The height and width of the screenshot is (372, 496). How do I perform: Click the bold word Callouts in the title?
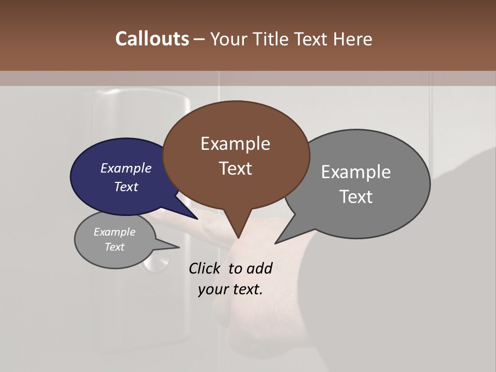(x=152, y=39)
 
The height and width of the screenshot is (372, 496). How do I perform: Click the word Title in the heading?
(x=274, y=39)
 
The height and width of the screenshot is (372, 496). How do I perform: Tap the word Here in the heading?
(x=353, y=39)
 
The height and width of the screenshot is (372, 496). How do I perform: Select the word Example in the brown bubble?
(x=235, y=144)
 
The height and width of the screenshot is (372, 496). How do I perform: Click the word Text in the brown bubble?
(x=235, y=168)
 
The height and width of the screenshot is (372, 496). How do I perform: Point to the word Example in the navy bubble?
(x=126, y=168)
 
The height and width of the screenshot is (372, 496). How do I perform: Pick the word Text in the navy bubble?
(x=126, y=187)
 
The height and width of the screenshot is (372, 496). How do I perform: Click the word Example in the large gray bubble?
(x=356, y=172)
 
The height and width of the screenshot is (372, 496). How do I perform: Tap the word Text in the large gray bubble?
(x=356, y=197)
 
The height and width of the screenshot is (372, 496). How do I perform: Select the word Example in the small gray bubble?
(x=114, y=232)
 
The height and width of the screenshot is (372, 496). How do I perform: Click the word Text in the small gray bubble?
(x=114, y=247)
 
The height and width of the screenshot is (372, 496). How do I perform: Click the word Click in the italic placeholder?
(x=204, y=268)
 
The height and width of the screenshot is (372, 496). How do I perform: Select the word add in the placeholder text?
(x=259, y=268)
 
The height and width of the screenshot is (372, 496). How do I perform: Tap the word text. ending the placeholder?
(x=247, y=289)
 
